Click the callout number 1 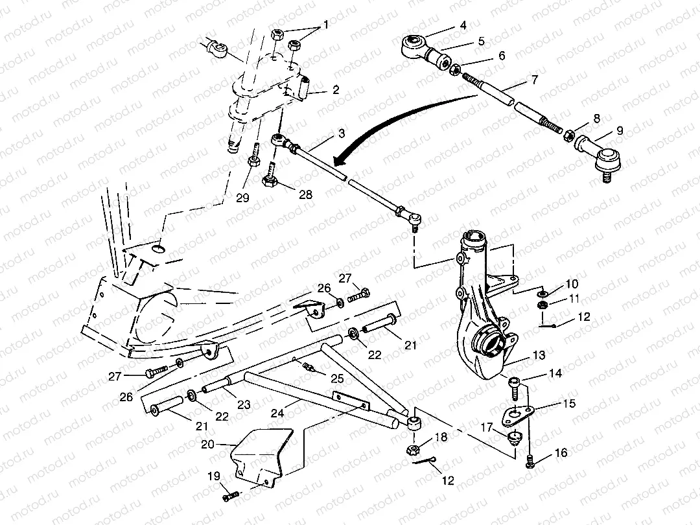[x=327, y=25]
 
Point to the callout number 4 [x=463, y=26]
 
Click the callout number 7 [x=534, y=82]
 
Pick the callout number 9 [x=620, y=130]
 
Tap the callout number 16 [x=561, y=453]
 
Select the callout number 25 [x=336, y=377]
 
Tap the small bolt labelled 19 [x=231, y=496]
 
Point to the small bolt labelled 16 [x=531, y=461]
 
